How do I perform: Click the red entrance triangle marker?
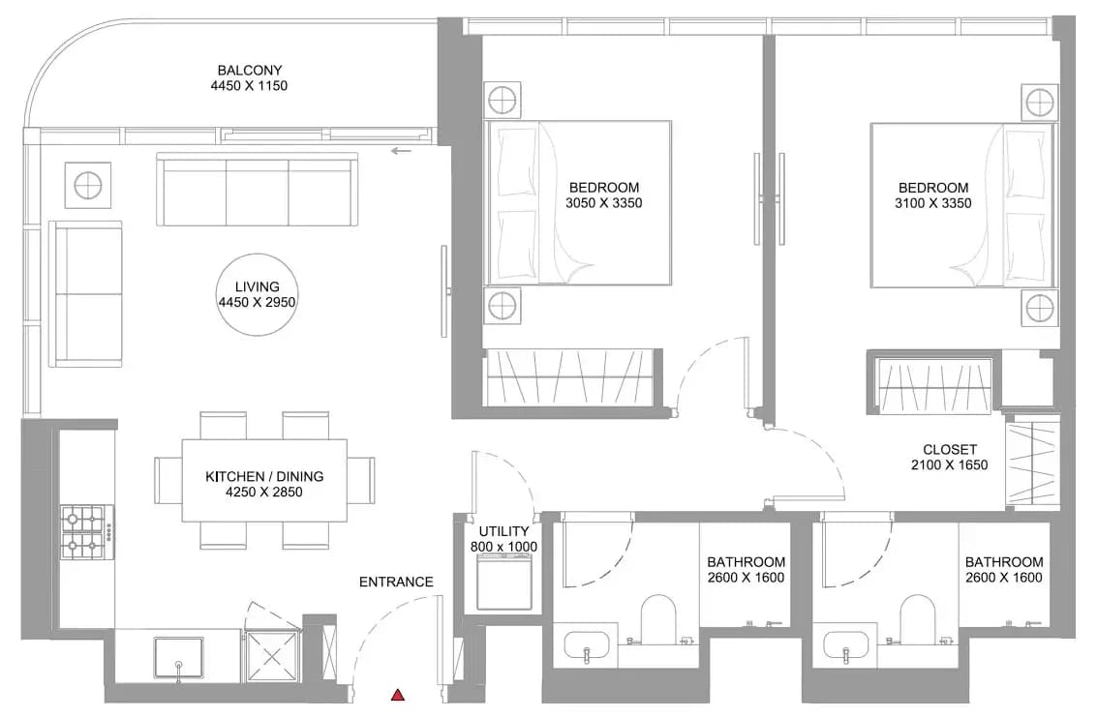397,694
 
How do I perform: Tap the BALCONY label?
249,70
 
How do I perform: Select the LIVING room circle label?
257,294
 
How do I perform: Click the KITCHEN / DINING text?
263,476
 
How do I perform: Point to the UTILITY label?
503,531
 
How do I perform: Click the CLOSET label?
950,450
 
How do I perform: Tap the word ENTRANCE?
396,582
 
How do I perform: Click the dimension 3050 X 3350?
604,203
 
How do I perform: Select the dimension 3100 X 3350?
932,203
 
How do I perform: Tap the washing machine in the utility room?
504,581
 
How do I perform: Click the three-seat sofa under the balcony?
257,190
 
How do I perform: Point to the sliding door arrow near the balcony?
402,150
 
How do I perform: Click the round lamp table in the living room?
88,185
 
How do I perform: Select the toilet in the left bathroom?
658,619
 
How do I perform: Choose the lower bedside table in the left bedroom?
503,306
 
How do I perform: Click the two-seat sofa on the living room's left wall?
86,294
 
